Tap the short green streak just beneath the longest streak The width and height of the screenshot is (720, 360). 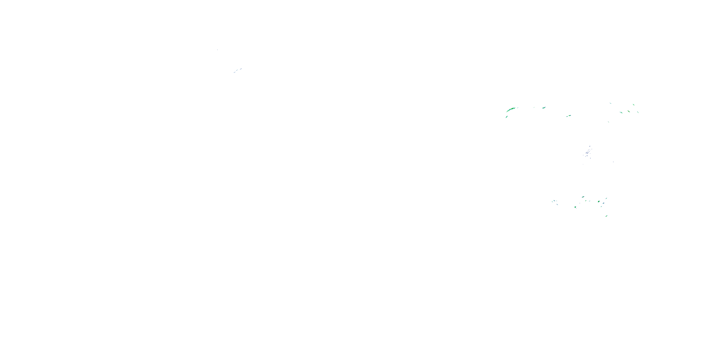click(x=506, y=117)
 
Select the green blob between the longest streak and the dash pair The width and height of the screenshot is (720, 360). click(x=544, y=108)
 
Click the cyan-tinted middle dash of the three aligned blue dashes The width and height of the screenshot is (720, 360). click(x=238, y=70)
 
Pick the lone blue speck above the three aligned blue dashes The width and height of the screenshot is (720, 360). click(x=217, y=50)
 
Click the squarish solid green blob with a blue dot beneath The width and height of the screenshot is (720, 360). click(x=575, y=207)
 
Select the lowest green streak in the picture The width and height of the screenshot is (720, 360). click(x=606, y=216)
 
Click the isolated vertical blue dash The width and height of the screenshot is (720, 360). click(x=613, y=162)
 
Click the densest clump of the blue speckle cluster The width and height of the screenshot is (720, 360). click(x=588, y=152)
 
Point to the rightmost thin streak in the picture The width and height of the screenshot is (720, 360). click(x=638, y=112)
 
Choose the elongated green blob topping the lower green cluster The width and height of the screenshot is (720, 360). click(x=583, y=197)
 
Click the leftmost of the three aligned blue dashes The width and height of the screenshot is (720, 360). click(x=234, y=72)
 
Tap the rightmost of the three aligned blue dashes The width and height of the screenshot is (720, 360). click(x=241, y=68)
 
